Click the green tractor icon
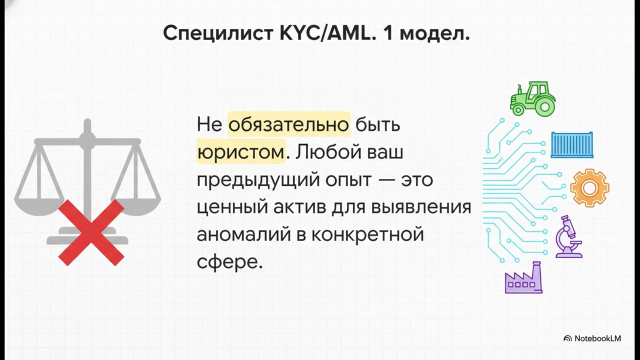coord(532,98)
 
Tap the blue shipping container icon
coord(571,145)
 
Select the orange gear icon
coord(589,188)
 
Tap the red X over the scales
coord(91,232)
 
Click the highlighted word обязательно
coord(288,124)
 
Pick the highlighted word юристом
coord(240,152)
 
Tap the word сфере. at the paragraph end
coord(229,261)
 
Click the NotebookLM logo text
coord(597,338)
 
